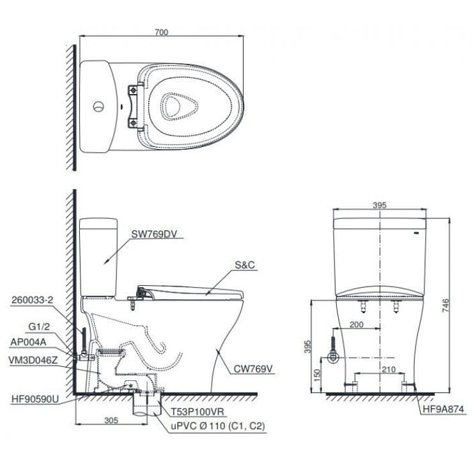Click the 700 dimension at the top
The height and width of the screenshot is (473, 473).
pyautogui.click(x=161, y=32)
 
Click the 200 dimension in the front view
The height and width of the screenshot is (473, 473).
pyautogui.click(x=358, y=325)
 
